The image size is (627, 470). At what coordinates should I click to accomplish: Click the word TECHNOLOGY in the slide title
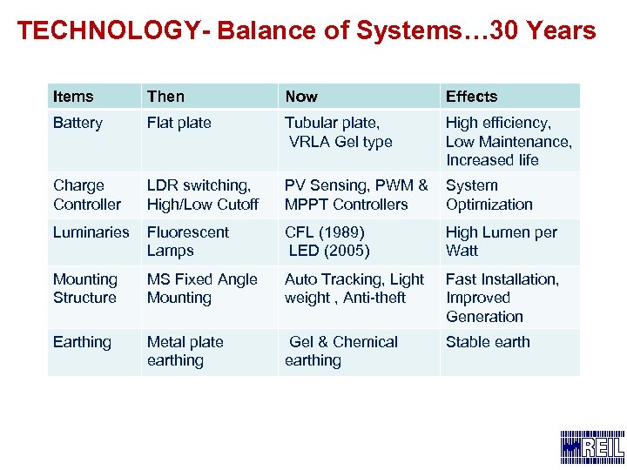tap(107, 31)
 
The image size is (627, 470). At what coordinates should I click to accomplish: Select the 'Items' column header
tap(73, 97)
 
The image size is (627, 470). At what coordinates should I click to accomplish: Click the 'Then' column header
tap(165, 97)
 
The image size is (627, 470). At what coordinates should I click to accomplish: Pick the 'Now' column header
tap(301, 97)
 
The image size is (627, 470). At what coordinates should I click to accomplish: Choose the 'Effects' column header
tap(471, 97)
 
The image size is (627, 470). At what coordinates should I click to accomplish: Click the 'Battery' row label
tap(78, 123)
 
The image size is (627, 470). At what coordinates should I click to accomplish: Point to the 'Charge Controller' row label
tap(87, 195)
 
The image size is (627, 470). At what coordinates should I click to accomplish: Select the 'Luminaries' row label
tap(91, 232)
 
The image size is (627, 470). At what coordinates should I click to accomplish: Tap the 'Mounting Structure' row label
tap(85, 288)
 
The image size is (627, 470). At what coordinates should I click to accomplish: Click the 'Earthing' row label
tap(82, 342)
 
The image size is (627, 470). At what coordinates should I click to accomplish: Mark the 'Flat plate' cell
tap(179, 123)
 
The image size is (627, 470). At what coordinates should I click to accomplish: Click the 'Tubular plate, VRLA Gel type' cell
tap(339, 132)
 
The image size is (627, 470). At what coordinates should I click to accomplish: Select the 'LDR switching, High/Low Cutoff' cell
tap(202, 195)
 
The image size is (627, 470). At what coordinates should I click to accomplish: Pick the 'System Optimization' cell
tap(489, 195)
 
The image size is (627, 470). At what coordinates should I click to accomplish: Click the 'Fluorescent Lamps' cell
tap(188, 241)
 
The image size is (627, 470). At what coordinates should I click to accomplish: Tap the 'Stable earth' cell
tap(488, 342)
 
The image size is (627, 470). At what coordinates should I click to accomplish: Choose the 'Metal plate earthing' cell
tap(185, 351)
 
